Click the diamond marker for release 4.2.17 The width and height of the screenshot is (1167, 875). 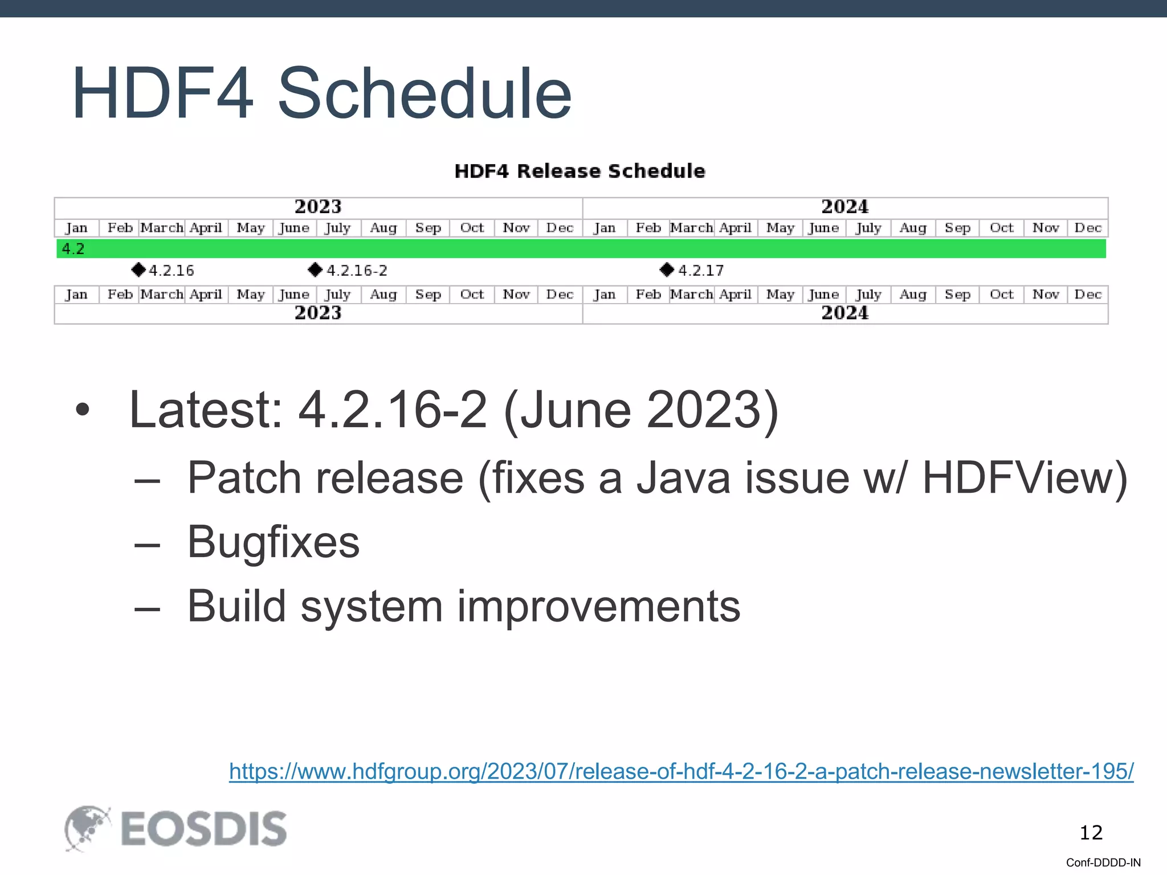pos(667,269)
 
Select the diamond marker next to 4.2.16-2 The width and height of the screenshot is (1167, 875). pos(315,269)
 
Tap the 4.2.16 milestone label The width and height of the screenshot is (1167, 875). pos(171,270)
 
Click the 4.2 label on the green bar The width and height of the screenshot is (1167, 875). pos(73,249)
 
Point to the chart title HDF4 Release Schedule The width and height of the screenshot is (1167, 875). pos(580,171)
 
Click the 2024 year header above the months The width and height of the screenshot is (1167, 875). pos(844,206)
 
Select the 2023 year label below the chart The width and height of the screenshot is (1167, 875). pos(317,313)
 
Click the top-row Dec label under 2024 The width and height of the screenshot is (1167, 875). pos(1087,228)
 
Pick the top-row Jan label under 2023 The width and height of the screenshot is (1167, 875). pos(76,228)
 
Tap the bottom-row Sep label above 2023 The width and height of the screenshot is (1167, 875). pos(428,295)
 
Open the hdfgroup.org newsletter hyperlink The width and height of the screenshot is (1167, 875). pos(681,771)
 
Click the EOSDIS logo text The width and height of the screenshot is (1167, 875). pos(203,829)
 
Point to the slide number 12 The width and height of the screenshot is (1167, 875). pos(1091,833)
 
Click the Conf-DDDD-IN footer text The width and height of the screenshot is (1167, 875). pos(1103,862)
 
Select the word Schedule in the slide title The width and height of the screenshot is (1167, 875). pos(424,93)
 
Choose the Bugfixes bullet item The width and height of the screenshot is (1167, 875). pos(273,542)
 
